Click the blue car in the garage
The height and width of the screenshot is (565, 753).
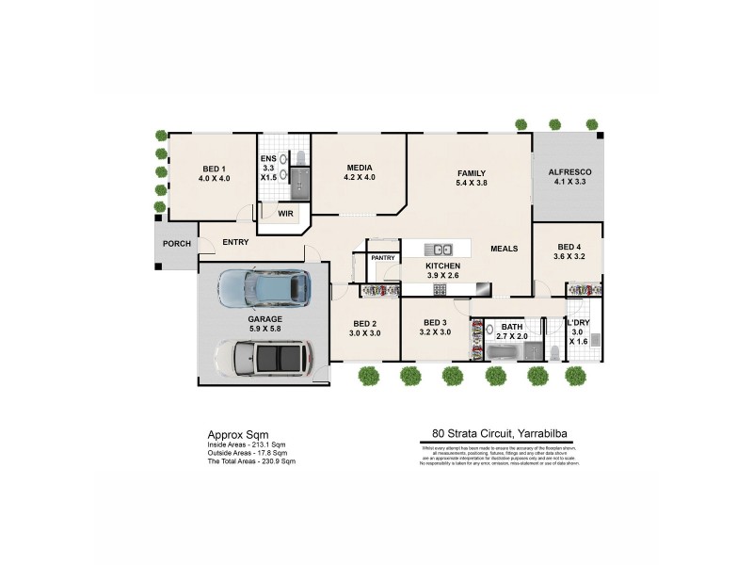(x=264, y=288)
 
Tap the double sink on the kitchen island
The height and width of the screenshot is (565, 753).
(x=437, y=250)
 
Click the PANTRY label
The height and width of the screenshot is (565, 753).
(x=382, y=257)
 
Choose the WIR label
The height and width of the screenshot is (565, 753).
(x=286, y=214)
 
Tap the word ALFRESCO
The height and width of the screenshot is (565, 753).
(x=569, y=171)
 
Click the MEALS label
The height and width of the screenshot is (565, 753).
(x=505, y=249)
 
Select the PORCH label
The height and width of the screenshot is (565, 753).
(x=176, y=244)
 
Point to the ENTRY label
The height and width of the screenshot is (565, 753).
(x=235, y=242)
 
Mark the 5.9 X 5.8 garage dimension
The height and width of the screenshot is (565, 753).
(x=265, y=329)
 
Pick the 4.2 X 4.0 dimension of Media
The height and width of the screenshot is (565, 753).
(x=359, y=177)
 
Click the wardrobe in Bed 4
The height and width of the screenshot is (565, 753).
(x=584, y=289)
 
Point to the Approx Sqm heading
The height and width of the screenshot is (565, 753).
(x=231, y=435)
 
